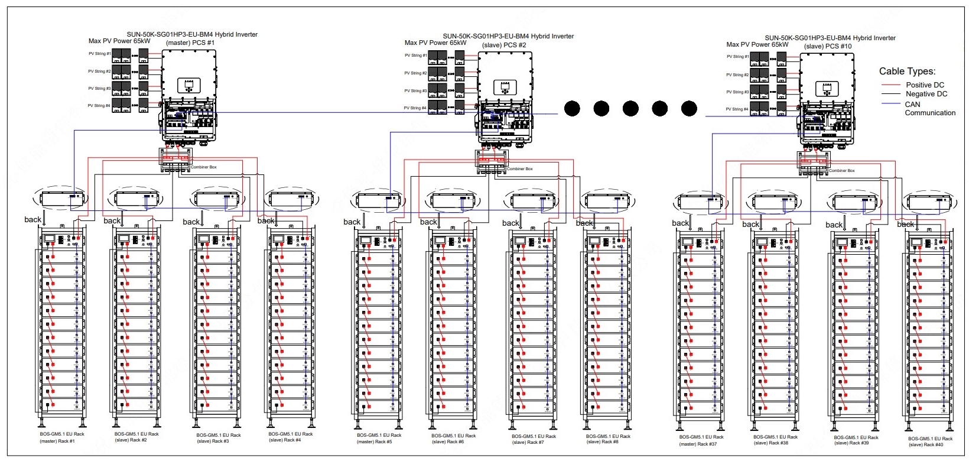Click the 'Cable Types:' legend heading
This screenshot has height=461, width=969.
[907, 72]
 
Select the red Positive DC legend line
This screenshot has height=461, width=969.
[890, 85]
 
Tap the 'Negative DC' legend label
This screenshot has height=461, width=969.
[926, 94]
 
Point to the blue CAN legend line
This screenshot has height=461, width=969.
[890, 104]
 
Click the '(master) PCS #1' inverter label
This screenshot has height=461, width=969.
[190, 43]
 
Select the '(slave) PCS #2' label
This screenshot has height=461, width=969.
[504, 45]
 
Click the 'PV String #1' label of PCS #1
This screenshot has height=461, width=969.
[99, 54]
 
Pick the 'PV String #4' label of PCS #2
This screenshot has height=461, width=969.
[415, 108]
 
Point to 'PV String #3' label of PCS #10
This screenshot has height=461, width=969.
[737, 92]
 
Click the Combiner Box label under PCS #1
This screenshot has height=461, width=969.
[204, 167]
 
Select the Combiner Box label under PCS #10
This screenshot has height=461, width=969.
[842, 171]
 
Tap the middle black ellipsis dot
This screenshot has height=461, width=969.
[630, 109]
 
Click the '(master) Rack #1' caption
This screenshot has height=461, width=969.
[57, 441]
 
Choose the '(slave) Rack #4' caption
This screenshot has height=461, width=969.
[285, 440]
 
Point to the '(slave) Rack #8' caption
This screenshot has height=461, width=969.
[602, 441]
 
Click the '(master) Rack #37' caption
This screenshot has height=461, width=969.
[698, 444]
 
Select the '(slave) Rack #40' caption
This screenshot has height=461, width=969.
[926, 444]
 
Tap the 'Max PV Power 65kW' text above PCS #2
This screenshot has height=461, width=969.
[435, 43]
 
